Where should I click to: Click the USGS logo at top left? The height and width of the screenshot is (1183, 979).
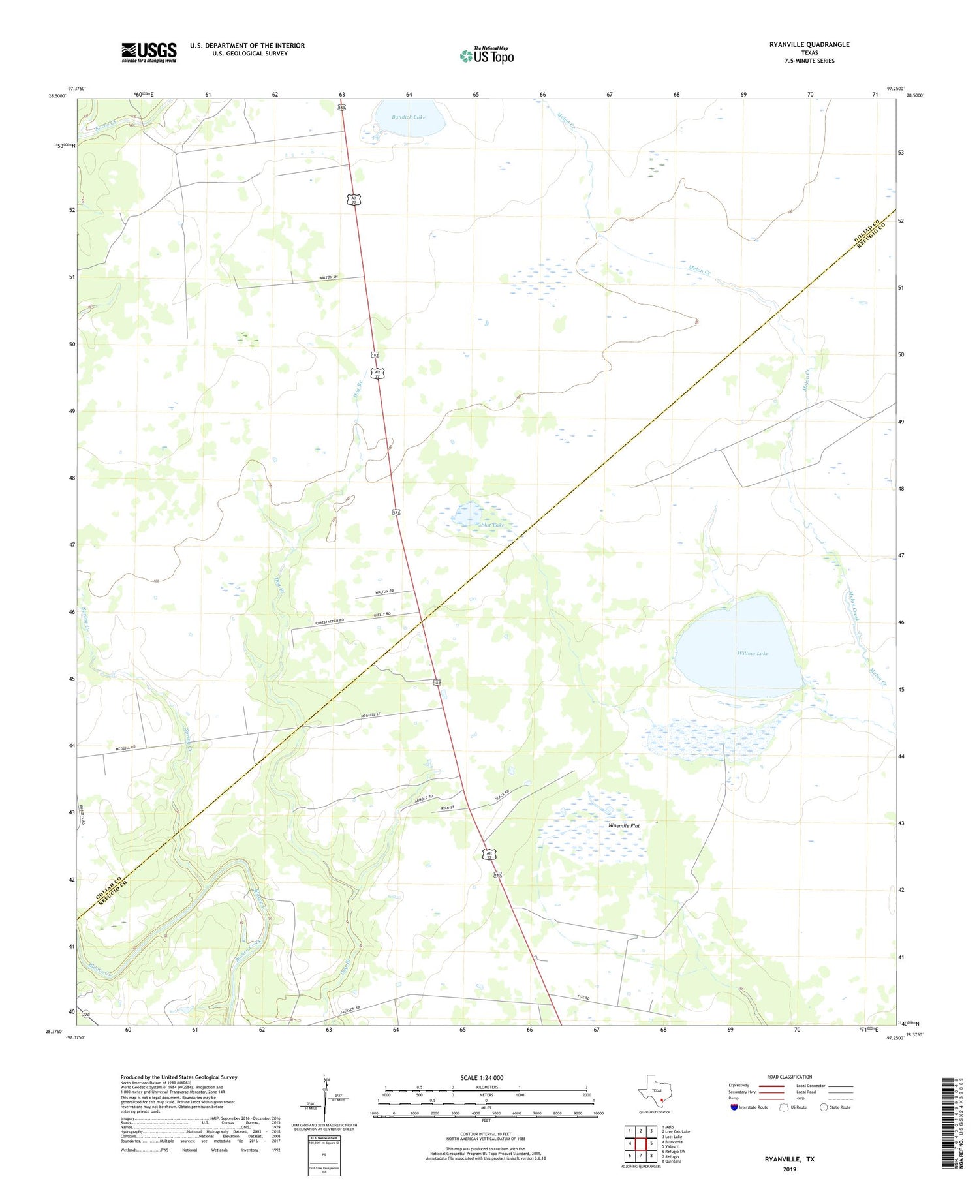[148, 52]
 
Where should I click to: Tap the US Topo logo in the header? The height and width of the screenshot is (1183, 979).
[486, 55]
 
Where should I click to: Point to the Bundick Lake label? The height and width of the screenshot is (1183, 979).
[409, 117]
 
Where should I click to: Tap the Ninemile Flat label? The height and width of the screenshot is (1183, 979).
[624, 826]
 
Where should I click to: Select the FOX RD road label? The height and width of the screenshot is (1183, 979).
[583, 998]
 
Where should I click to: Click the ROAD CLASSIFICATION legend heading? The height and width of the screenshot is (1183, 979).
[790, 1077]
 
